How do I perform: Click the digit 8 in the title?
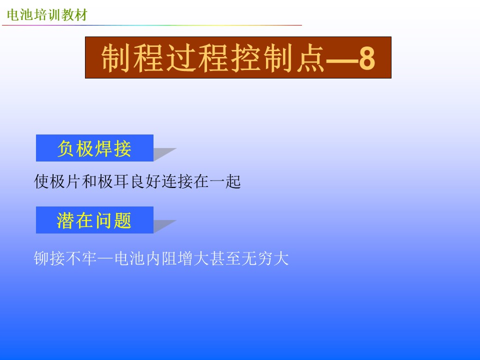pyautogui.click(x=366, y=58)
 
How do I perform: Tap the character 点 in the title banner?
pyautogui.click(x=310, y=58)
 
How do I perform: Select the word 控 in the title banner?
pyautogui.click(x=245, y=58)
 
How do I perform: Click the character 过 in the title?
pyautogui.click(x=181, y=58)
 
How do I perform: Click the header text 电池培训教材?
pyautogui.click(x=47, y=15)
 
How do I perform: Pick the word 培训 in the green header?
pyautogui.click(x=47, y=15)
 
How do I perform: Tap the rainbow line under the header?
pyautogui.click(x=152, y=25)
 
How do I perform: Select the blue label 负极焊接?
pyautogui.click(x=94, y=148)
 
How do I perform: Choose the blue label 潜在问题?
pyautogui.click(x=94, y=220)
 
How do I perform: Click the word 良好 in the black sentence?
pyautogui.click(x=145, y=181)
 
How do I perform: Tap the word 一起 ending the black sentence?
pyautogui.click(x=225, y=181)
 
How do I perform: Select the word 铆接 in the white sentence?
pyautogui.click(x=49, y=258)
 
